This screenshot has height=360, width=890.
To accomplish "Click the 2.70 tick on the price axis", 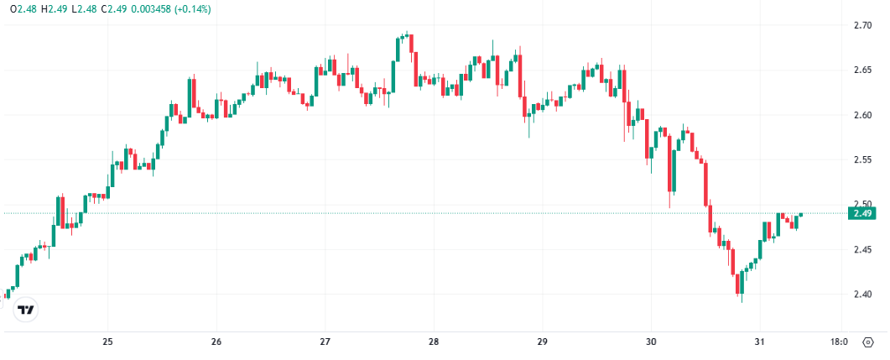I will click(x=862, y=25).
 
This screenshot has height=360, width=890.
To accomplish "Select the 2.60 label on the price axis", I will click(x=862, y=115).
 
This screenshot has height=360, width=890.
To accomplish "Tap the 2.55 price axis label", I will click(x=862, y=159).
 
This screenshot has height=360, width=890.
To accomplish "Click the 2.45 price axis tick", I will click(x=862, y=249).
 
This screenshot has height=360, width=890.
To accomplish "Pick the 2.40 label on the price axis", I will click(x=862, y=295).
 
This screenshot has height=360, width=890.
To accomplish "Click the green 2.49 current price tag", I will click(x=863, y=213).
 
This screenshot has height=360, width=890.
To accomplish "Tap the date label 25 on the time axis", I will click(x=107, y=342).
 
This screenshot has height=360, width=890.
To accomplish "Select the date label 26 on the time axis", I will click(x=216, y=342).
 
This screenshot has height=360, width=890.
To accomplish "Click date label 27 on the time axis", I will click(x=325, y=342).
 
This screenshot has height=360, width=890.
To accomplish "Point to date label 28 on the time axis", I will click(x=434, y=342).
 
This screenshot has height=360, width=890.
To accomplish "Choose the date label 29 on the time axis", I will click(x=542, y=342).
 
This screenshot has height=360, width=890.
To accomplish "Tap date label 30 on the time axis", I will click(x=651, y=342).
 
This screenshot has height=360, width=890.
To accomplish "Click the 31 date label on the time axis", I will click(x=759, y=342).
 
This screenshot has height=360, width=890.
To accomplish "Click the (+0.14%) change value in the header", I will click(x=192, y=9).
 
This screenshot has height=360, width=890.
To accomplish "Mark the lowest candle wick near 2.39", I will click(x=741, y=300).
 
